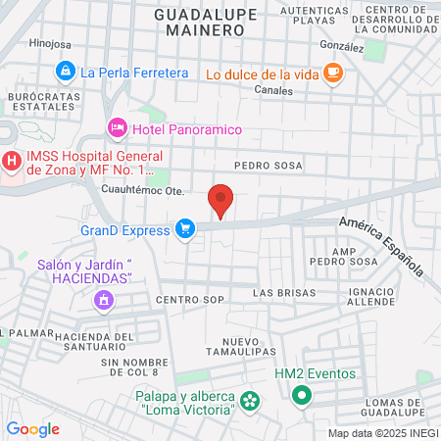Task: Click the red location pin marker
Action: click(221, 201)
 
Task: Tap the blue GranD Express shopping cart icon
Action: click(184, 229)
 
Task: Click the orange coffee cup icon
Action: click(333, 72)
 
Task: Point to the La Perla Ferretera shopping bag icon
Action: click(65, 71)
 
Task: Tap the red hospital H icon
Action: click(11, 161)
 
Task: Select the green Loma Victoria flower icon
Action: click(250, 400)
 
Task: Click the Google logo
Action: click(32, 428)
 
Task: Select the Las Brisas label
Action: click(284, 293)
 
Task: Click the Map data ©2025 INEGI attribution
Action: click(383, 433)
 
